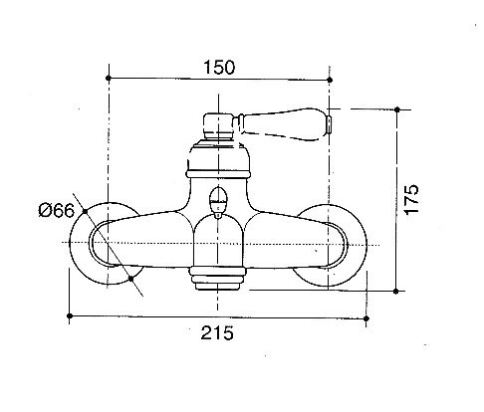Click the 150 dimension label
click(x=219, y=67)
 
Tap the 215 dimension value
click(x=217, y=332)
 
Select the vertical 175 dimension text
click(x=411, y=199)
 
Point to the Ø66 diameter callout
click(x=57, y=210)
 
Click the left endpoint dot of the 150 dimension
click(x=108, y=78)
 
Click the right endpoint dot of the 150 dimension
click(x=330, y=80)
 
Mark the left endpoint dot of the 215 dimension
click(x=70, y=315)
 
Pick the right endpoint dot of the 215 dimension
click(x=366, y=318)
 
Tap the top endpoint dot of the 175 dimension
click(x=397, y=109)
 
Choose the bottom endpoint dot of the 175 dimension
click(x=395, y=292)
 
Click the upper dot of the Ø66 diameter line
click(x=85, y=211)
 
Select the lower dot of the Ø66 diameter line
click(x=130, y=279)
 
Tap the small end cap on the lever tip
click(x=329, y=124)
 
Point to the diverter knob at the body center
click(x=218, y=202)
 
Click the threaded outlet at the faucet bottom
click(x=217, y=279)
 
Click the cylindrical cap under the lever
click(x=218, y=126)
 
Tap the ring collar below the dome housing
click(x=218, y=174)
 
